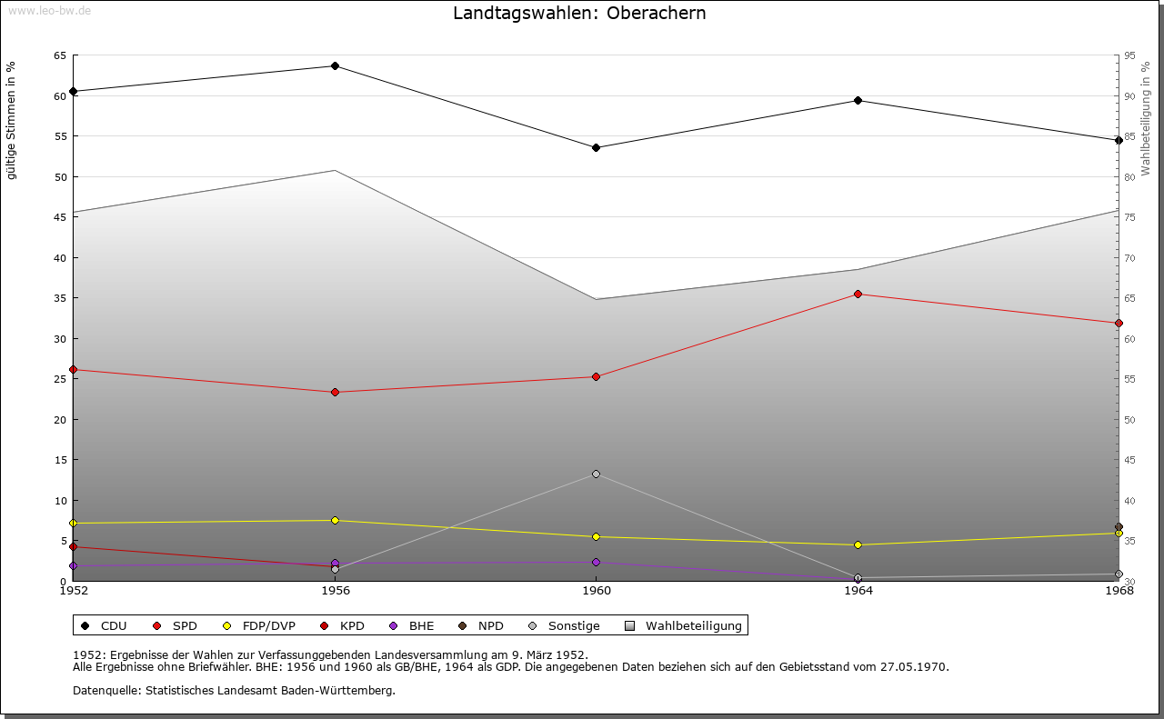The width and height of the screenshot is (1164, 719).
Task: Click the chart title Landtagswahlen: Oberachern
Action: tap(579, 14)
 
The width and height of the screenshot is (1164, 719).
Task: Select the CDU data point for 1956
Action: tap(335, 66)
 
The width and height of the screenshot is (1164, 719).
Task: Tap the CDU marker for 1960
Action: tap(596, 147)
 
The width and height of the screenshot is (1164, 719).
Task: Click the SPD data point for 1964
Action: tap(858, 295)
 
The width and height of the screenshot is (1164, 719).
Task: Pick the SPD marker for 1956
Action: tap(335, 393)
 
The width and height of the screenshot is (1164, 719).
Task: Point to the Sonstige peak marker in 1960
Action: tap(596, 474)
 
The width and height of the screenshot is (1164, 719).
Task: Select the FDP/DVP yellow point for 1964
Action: tap(858, 545)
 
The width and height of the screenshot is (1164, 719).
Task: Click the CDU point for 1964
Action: tap(858, 101)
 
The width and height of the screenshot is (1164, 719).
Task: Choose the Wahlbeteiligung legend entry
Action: tap(693, 626)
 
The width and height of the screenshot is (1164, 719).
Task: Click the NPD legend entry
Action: tap(490, 626)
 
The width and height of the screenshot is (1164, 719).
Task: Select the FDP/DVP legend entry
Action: tap(268, 626)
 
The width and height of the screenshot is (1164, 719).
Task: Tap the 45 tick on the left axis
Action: tap(60, 217)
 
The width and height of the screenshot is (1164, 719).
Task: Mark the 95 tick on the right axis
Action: tap(1129, 55)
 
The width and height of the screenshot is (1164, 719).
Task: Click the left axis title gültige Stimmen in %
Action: tap(12, 120)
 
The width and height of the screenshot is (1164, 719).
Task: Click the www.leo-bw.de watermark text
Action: tap(49, 9)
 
